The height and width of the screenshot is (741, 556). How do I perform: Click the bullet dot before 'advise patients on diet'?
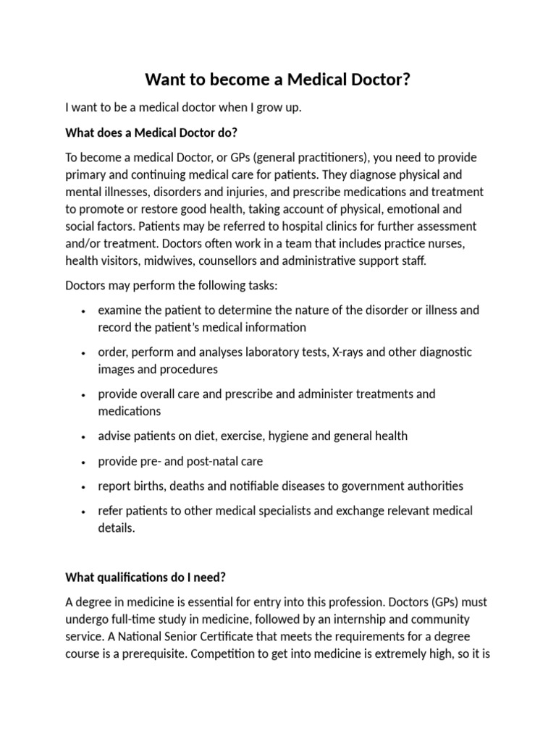[84, 437]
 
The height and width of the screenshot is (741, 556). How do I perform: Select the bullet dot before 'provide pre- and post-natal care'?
[84, 462]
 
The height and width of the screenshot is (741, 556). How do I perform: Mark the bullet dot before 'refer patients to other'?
[84, 512]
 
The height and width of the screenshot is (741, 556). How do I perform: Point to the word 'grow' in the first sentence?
[256, 108]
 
